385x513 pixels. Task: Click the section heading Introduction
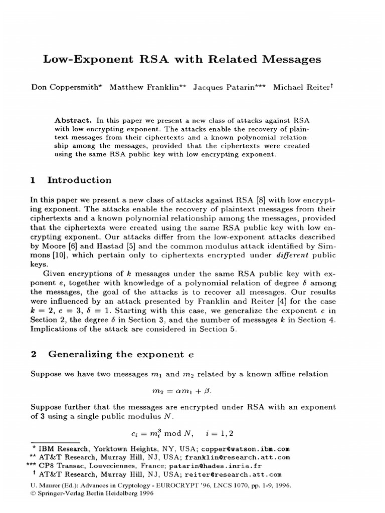click(79, 180)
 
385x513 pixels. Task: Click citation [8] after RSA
click(261, 199)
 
